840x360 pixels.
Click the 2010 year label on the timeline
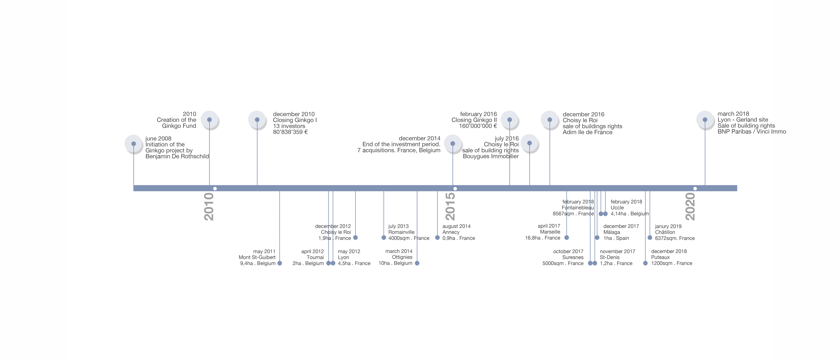(x=209, y=207)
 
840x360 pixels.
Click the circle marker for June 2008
(x=134, y=144)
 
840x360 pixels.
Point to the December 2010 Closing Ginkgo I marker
(x=257, y=120)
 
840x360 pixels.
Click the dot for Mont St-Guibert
(x=279, y=263)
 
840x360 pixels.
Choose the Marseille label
(x=550, y=232)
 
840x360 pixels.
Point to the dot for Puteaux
(x=645, y=263)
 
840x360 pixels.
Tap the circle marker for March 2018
(x=705, y=120)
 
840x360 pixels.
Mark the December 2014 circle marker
(x=453, y=143)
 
